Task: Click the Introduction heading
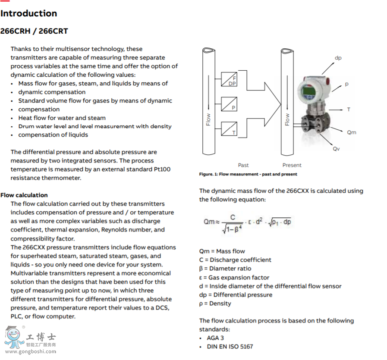(28, 13)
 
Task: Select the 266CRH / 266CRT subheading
(34, 31)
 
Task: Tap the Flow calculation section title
(24, 195)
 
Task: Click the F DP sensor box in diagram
(229, 79)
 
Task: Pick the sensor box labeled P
(229, 104)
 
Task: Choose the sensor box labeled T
(229, 129)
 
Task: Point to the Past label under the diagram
(243, 165)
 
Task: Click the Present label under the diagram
(292, 165)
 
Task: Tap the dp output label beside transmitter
(338, 58)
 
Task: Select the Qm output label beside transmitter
(352, 132)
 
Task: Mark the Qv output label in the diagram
(336, 149)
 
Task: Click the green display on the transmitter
(308, 91)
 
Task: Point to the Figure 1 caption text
(248, 174)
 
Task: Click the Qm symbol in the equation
(209, 222)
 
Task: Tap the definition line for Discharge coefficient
(235, 260)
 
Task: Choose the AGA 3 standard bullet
(215, 338)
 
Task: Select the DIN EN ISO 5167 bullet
(230, 347)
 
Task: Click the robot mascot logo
(14, 337)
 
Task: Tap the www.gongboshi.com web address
(30, 351)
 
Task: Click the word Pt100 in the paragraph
(162, 169)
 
